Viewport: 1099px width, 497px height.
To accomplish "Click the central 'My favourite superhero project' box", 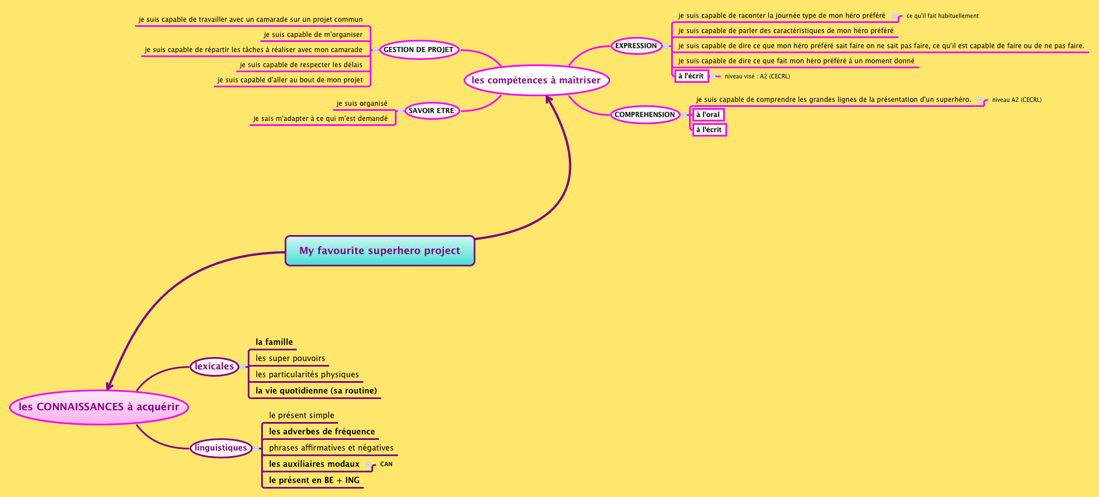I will click(x=380, y=251).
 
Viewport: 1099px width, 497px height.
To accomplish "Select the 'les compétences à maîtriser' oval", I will click(x=536, y=80).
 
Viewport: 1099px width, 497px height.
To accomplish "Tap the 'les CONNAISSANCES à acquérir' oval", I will click(x=99, y=407).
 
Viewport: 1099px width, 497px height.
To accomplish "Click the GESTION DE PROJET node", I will click(x=418, y=50).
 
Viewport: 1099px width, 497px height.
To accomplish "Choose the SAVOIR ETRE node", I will click(x=431, y=111).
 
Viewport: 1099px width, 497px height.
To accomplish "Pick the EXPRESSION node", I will click(x=636, y=46).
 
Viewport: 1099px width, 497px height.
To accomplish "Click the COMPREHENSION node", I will click(x=645, y=115).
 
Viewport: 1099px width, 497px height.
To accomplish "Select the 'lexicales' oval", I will click(x=214, y=367).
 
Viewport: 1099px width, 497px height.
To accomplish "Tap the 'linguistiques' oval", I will click(x=221, y=448).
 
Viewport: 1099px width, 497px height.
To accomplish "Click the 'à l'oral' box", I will click(x=708, y=115).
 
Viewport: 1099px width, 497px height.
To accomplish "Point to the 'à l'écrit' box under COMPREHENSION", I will click(x=709, y=130).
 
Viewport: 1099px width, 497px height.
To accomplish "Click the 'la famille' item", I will click(x=274, y=342).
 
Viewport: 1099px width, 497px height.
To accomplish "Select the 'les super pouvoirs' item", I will click(x=290, y=358).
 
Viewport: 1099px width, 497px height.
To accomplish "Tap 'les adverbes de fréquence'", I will click(x=322, y=432).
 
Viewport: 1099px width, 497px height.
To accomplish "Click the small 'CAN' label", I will click(x=386, y=464).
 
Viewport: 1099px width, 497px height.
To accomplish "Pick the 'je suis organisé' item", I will click(x=362, y=104).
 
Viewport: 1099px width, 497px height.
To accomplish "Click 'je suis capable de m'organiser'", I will click(x=313, y=35).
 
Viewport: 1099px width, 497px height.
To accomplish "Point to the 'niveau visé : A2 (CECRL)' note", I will click(x=757, y=76).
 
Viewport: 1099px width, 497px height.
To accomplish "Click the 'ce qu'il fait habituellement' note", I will click(x=942, y=16).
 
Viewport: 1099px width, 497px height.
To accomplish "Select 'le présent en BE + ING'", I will click(x=314, y=480).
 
